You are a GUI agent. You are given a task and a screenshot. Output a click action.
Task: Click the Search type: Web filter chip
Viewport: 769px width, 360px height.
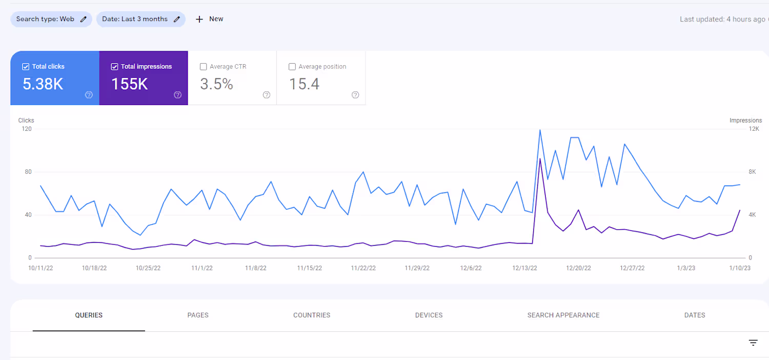[51, 19]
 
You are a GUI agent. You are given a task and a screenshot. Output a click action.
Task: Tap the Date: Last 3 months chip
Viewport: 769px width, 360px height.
[140, 19]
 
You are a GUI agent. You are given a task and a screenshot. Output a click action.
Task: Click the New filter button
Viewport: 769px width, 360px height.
[210, 19]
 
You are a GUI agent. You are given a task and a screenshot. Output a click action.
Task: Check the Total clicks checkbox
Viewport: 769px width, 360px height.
[26, 67]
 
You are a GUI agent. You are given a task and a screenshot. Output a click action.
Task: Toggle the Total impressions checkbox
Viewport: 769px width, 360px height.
[114, 67]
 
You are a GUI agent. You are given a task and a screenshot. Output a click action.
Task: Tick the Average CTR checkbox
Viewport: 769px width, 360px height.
[204, 67]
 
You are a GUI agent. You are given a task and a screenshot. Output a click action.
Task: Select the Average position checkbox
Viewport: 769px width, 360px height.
[292, 67]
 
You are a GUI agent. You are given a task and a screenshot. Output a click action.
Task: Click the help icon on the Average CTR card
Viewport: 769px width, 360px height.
[267, 95]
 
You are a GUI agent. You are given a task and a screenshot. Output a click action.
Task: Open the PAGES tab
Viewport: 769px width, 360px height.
[198, 315]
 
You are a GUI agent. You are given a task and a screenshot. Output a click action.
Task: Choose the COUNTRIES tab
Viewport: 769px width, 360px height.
[312, 315]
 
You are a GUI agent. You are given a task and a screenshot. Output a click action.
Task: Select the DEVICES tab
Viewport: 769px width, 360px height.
[429, 315]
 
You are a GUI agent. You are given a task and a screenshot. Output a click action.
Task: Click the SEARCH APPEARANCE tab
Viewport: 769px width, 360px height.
[563, 315]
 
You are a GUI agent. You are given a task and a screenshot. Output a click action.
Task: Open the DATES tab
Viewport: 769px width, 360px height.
[695, 315]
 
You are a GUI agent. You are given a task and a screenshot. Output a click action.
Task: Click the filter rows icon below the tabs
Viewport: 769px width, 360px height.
[753, 343]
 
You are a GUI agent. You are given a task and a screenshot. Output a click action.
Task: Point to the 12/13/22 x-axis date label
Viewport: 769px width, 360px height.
[524, 268]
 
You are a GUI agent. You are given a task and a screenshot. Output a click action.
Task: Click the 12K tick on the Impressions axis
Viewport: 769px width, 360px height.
[754, 129]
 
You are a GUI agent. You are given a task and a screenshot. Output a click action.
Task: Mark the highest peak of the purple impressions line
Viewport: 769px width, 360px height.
[540, 159]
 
